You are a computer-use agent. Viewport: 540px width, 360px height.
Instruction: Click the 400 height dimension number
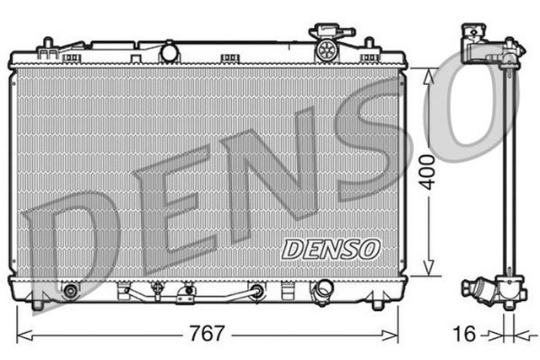(431, 172)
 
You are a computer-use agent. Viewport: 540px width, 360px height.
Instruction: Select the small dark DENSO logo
(331, 248)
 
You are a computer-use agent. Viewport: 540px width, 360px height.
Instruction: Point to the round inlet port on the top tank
(170, 53)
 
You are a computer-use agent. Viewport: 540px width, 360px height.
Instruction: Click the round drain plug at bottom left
(69, 292)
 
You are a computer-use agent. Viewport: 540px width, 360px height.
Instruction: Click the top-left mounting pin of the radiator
(48, 42)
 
